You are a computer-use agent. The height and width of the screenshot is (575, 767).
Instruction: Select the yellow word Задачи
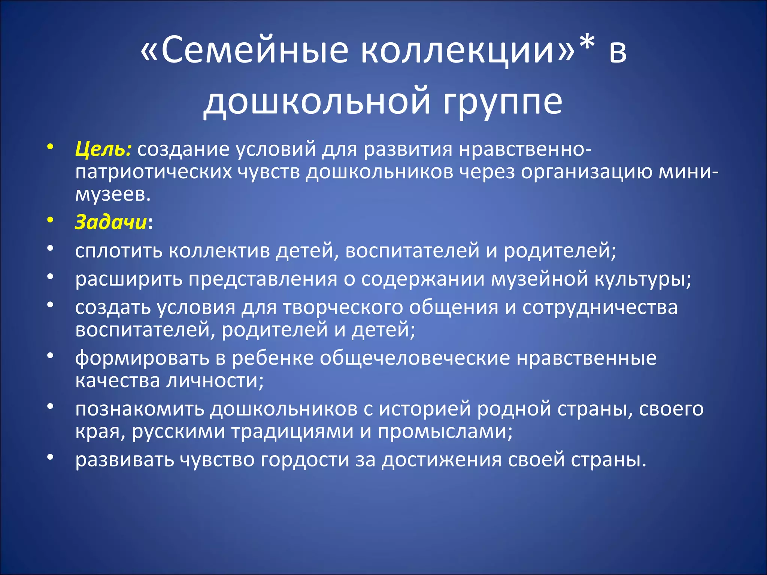tap(111, 222)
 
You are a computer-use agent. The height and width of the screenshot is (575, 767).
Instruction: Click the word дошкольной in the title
tap(317, 102)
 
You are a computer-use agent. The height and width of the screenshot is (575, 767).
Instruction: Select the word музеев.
tap(113, 195)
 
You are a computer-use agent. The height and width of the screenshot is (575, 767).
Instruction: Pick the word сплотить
tap(118, 251)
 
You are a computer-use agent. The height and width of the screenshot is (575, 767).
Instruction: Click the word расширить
tap(128, 279)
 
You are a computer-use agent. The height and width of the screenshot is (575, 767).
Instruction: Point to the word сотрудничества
tap(600, 308)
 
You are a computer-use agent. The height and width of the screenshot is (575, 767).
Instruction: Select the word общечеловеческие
tap(415, 358)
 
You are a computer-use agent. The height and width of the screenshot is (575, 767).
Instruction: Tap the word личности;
tap(215, 381)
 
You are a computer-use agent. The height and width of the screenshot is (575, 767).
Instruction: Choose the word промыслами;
tap(445, 432)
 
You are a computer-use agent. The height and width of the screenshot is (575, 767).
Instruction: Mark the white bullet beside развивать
tap(50, 457)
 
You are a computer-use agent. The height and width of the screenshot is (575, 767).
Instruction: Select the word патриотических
tap(154, 173)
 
